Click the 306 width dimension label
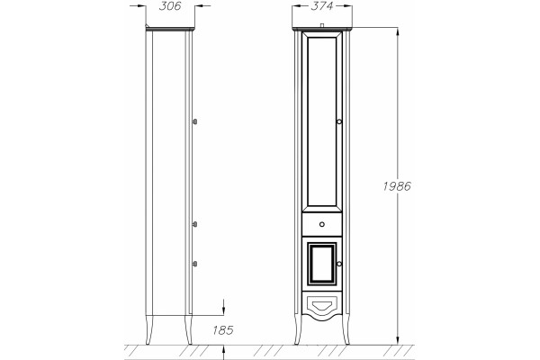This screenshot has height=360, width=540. pos(170,6)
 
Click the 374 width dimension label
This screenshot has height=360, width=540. pos(321,6)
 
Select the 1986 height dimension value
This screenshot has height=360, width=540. pos(397,186)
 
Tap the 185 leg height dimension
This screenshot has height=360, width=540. pos(223,330)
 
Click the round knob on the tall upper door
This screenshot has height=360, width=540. pos(339,121)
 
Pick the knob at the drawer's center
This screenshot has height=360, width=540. pos(321,225)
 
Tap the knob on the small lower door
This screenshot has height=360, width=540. pos(339,264)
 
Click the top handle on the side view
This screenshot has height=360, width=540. pos(194,121)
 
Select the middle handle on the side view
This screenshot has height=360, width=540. pos(194,224)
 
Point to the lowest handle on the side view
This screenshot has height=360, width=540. pos(194,264)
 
